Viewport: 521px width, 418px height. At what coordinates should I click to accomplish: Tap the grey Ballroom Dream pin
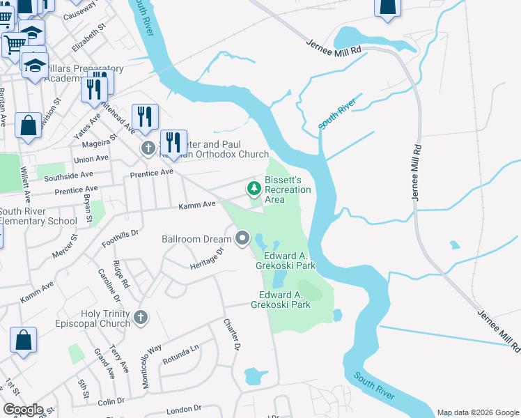242,239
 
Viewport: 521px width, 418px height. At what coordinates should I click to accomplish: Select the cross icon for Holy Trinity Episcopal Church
141,318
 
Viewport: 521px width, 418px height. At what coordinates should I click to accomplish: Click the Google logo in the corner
23,410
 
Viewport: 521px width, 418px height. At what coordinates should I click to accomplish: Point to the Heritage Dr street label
206,259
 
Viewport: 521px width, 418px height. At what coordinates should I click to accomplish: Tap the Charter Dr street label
231,334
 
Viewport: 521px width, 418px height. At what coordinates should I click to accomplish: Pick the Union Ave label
91,158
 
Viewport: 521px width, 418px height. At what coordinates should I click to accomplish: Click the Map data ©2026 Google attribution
479,412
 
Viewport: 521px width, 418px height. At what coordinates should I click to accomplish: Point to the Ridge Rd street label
121,274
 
